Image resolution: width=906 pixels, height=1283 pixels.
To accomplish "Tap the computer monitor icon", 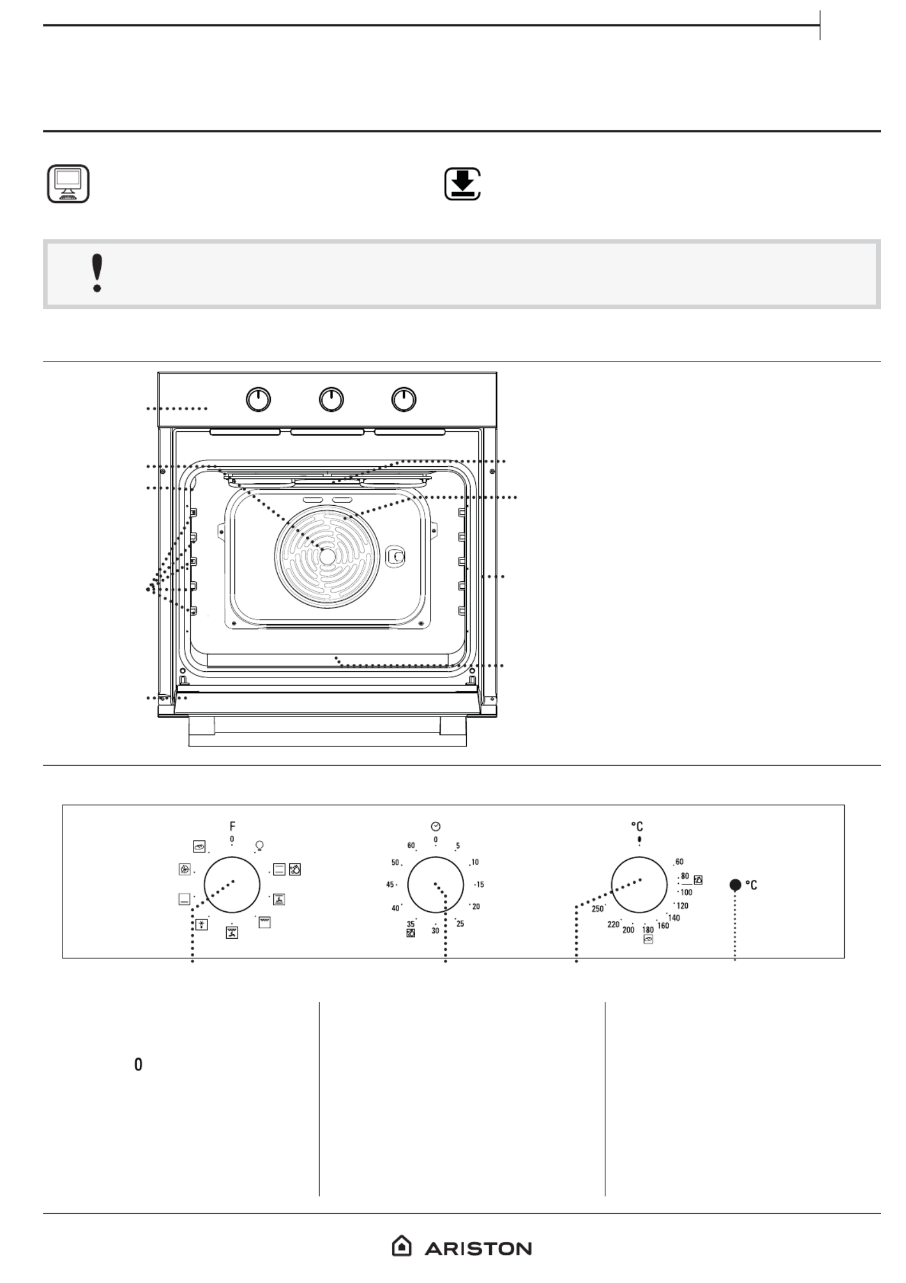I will (x=68, y=184).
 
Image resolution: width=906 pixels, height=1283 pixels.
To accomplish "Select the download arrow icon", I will (x=463, y=184).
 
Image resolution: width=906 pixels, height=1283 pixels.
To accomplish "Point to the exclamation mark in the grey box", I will (x=97, y=274).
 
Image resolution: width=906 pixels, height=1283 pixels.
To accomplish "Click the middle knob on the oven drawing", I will (x=332, y=399).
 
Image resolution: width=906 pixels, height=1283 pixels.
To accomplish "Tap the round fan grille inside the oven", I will (x=327, y=556).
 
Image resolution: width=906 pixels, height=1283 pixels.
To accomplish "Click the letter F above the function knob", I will (x=232, y=826).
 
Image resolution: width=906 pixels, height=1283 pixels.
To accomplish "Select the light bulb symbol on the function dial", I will (x=259, y=845).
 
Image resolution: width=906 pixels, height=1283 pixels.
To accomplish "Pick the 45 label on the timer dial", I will (x=390, y=884).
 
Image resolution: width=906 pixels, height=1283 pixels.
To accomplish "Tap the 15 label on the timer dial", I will (x=480, y=884).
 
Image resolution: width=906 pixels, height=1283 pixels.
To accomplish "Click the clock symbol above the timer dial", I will (x=435, y=826).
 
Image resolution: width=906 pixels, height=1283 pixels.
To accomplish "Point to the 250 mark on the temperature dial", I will (x=597, y=909).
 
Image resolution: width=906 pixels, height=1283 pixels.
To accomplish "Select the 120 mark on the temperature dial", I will (x=682, y=906).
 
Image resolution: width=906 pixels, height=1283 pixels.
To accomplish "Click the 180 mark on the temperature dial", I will (x=648, y=930).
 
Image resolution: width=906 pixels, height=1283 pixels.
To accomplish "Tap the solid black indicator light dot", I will (x=735, y=885).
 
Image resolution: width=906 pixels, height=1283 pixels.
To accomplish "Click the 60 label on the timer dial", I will (x=411, y=845).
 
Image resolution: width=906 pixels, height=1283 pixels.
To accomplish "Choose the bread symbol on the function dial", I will (x=199, y=846).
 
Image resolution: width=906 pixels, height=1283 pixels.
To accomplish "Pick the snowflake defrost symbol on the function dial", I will (x=201, y=924).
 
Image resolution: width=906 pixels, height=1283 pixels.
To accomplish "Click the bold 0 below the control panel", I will (x=138, y=1065).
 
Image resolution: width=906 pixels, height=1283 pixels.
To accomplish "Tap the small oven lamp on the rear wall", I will (x=396, y=556).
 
